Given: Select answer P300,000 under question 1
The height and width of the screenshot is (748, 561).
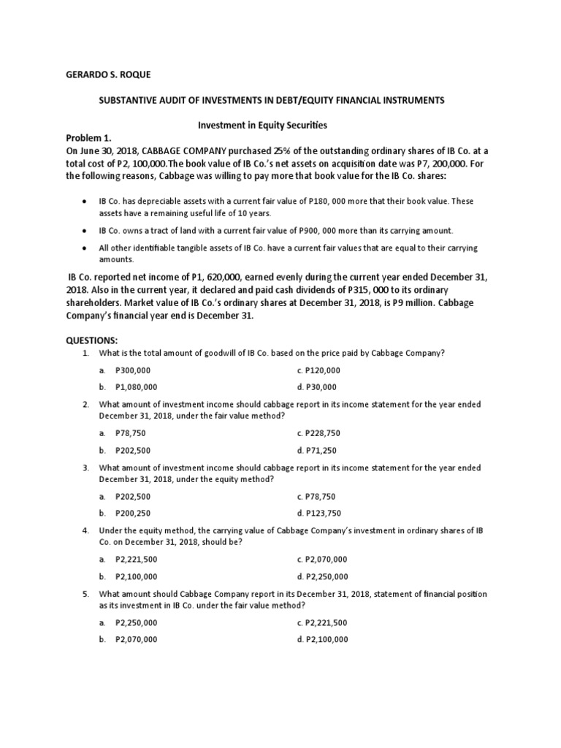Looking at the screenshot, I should [x=131, y=370].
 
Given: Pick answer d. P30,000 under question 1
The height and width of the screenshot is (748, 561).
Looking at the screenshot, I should [x=317, y=387].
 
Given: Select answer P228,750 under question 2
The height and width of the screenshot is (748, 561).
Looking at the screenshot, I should [x=322, y=434].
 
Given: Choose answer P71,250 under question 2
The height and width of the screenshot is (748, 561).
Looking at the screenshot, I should [x=320, y=451].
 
